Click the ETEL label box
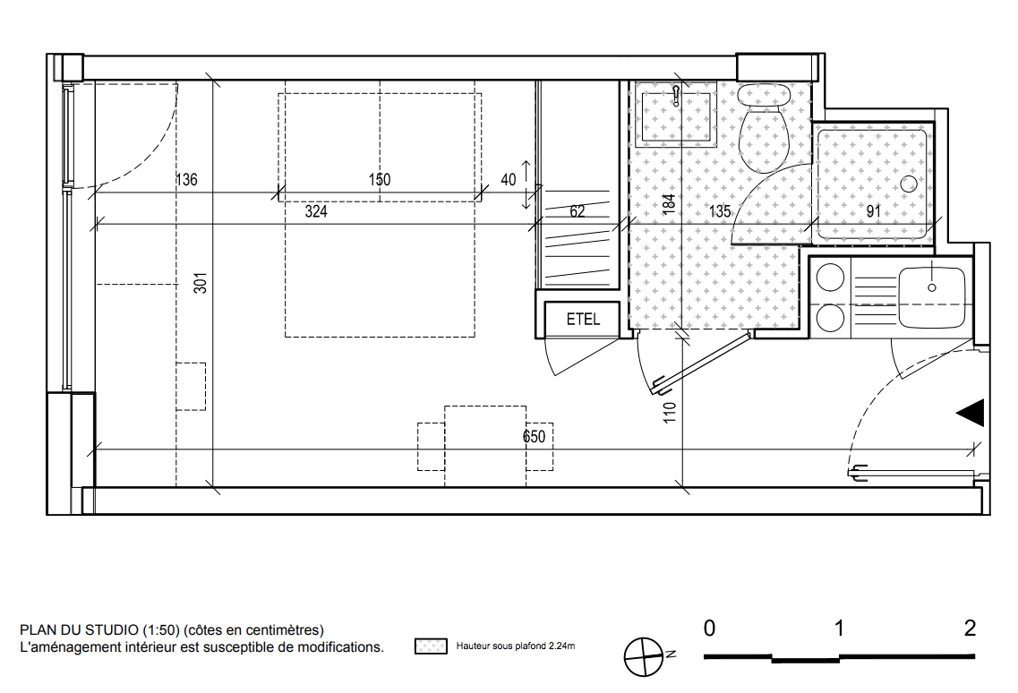[582, 319]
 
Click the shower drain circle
[909, 184]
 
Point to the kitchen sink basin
[932, 297]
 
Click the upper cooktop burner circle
[830, 278]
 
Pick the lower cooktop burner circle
[830, 318]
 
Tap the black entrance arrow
[971, 413]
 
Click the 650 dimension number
[535, 436]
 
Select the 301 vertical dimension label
[201, 283]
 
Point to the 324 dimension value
[316, 211]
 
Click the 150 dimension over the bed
[380, 179]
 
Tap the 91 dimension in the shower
[874, 211]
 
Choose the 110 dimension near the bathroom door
[670, 413]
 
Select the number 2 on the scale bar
[970, 628]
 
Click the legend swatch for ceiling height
[431, 646]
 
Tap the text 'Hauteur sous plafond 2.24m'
[516, 646]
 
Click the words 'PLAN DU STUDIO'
[79, 630]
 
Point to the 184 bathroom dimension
[669, 204]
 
